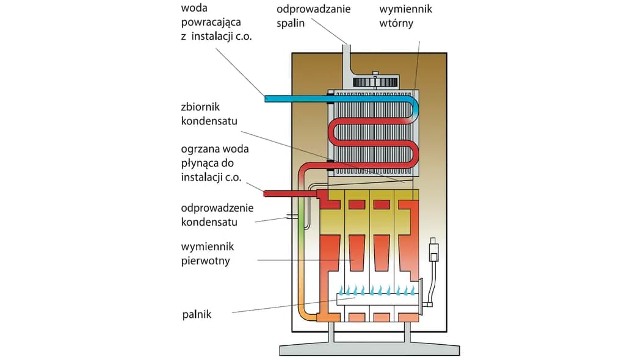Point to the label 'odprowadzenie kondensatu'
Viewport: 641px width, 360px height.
click(x=217, y=215)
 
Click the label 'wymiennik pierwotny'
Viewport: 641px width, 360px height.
click(x=208, y=254)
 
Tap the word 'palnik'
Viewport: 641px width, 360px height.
click(x=197, y=315)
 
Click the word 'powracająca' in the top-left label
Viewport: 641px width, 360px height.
click(x=211, y=23)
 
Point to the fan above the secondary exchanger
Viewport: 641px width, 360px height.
click(x=372, y=82)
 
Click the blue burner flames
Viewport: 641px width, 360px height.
click(x=378, y=290)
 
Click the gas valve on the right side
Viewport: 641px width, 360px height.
click(x=434, y=251)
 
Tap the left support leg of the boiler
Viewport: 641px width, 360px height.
click(x=331, y=332)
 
